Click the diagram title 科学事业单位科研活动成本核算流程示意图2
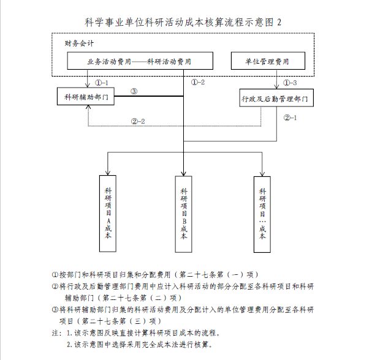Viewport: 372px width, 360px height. (x=186, y=21)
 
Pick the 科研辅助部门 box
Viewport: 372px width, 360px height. (x=84, y=97)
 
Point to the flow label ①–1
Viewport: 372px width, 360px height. (x=102, y=82)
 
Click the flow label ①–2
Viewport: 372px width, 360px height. (x=197, y=82)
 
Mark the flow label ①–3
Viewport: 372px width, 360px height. (x=290, y=82)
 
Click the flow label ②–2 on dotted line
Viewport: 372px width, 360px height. (x=138, y=121)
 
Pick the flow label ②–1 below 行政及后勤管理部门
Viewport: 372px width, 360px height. (x=290, y=118)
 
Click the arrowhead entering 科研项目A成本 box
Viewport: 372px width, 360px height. (x=108, y=174)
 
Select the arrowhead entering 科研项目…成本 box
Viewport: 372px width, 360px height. (x=262, y=174)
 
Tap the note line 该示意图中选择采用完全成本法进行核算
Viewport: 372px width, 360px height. (x=142, y=345)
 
